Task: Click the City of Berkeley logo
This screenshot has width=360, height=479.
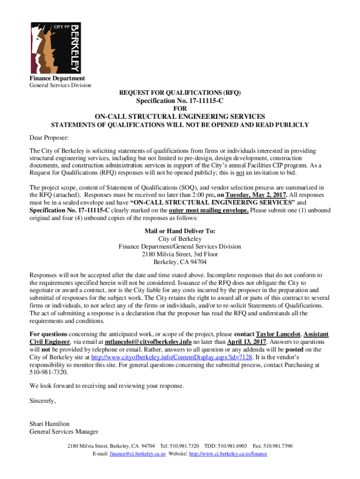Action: point(55,47)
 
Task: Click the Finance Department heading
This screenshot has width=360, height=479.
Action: point(57,78)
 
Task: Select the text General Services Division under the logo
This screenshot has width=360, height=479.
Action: point(60,85)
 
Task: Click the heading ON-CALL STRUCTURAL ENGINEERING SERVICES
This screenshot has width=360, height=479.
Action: point(180,116)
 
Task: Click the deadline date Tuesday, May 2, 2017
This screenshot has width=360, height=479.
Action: point(255,195)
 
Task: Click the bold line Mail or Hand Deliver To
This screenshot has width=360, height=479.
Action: point(180,231)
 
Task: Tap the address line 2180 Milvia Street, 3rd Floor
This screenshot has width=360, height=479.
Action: point(180,254)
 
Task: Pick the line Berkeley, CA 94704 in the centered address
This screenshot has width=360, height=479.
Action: point(180,262)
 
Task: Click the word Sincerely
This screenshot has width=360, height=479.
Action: point(43,401)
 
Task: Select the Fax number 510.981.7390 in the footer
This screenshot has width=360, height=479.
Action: point(273,446)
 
